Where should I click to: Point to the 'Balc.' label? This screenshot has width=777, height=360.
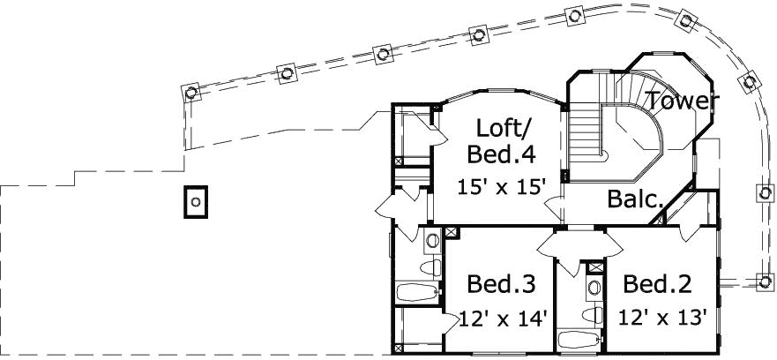(x=635, y=199)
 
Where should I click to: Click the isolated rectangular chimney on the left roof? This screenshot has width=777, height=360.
(x=196, y=201)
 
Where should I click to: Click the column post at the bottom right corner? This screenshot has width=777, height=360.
(x=764, y=281)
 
